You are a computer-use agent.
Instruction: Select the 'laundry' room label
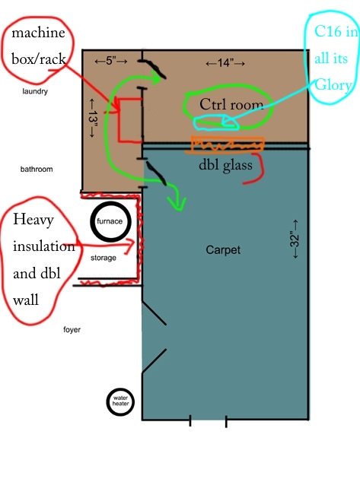pyautogui.click(x=35, y=91)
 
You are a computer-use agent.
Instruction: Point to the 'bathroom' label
pyautogui.click(x=37, y=169)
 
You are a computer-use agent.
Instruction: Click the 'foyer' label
pyautogui.click(x=72, y=330)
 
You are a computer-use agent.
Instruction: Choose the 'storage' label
pyautogui.click(x=104, y=258)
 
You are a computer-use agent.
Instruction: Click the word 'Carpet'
pyautogui.click(x=223, y=250)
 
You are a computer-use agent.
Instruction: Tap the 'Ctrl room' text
pyautogui.click(x=231, y=104)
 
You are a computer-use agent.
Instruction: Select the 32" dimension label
pyautogui.click(x=295, y=239)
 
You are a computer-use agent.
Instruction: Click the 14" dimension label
pyautogui.click(x=225, y=63)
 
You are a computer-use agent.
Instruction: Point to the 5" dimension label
pyautogui.click(x=110, y=61)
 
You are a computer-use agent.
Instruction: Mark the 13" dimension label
pyautogui.click(x=92, y=118)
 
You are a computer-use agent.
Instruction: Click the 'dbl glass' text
pyautogui.click(x=225, y=165)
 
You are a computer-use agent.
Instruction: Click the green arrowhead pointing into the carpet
pyautogui.click(x=177, y=204)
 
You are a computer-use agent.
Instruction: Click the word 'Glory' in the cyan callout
pyautogui.click(x=333, y=85)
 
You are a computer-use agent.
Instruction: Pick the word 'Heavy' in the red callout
pyautogui.click(x=33, y=220)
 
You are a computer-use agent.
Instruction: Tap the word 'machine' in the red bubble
pyautogui.click(x=38, y=33)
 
